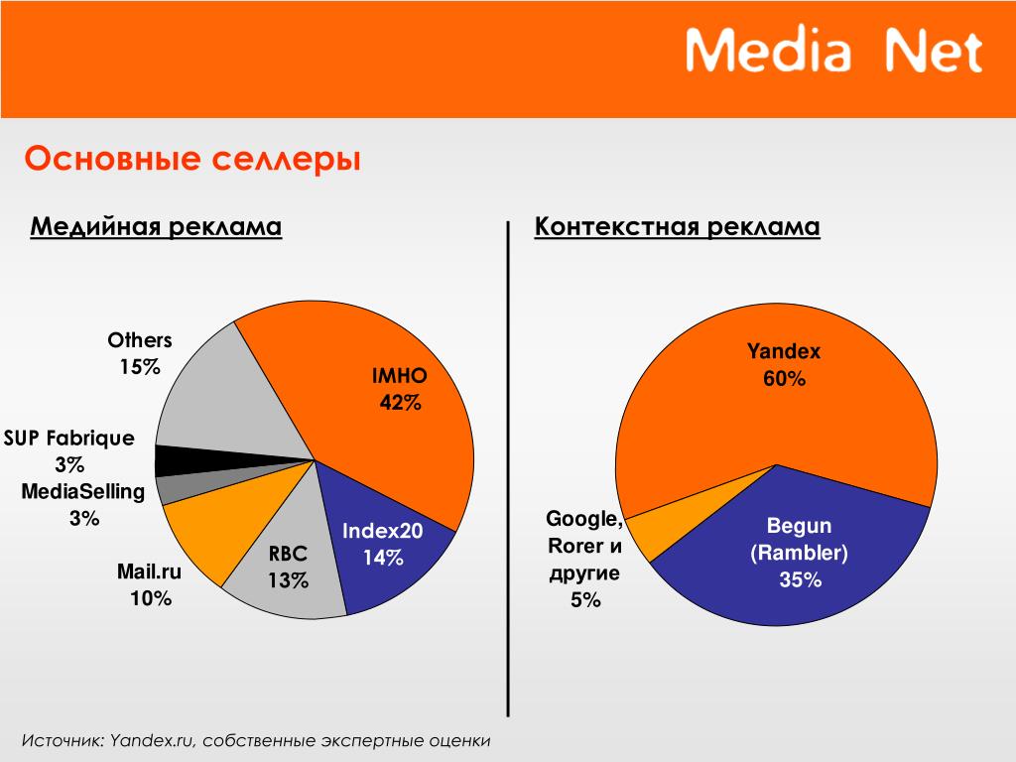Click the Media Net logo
(x=833, y=50)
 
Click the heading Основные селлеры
(x=192, y=159)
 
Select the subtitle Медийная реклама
(x=156, y=227)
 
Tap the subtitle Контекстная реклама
(x=677, y=227)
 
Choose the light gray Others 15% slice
(x=220, y=402)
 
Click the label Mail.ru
(x=149, y=571)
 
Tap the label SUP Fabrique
(x=69, y=439)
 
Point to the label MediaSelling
(x=83, y=492)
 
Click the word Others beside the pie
(x=140, y=340)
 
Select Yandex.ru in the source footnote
(x=152, y=740)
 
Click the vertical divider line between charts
(x=508, y=468)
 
